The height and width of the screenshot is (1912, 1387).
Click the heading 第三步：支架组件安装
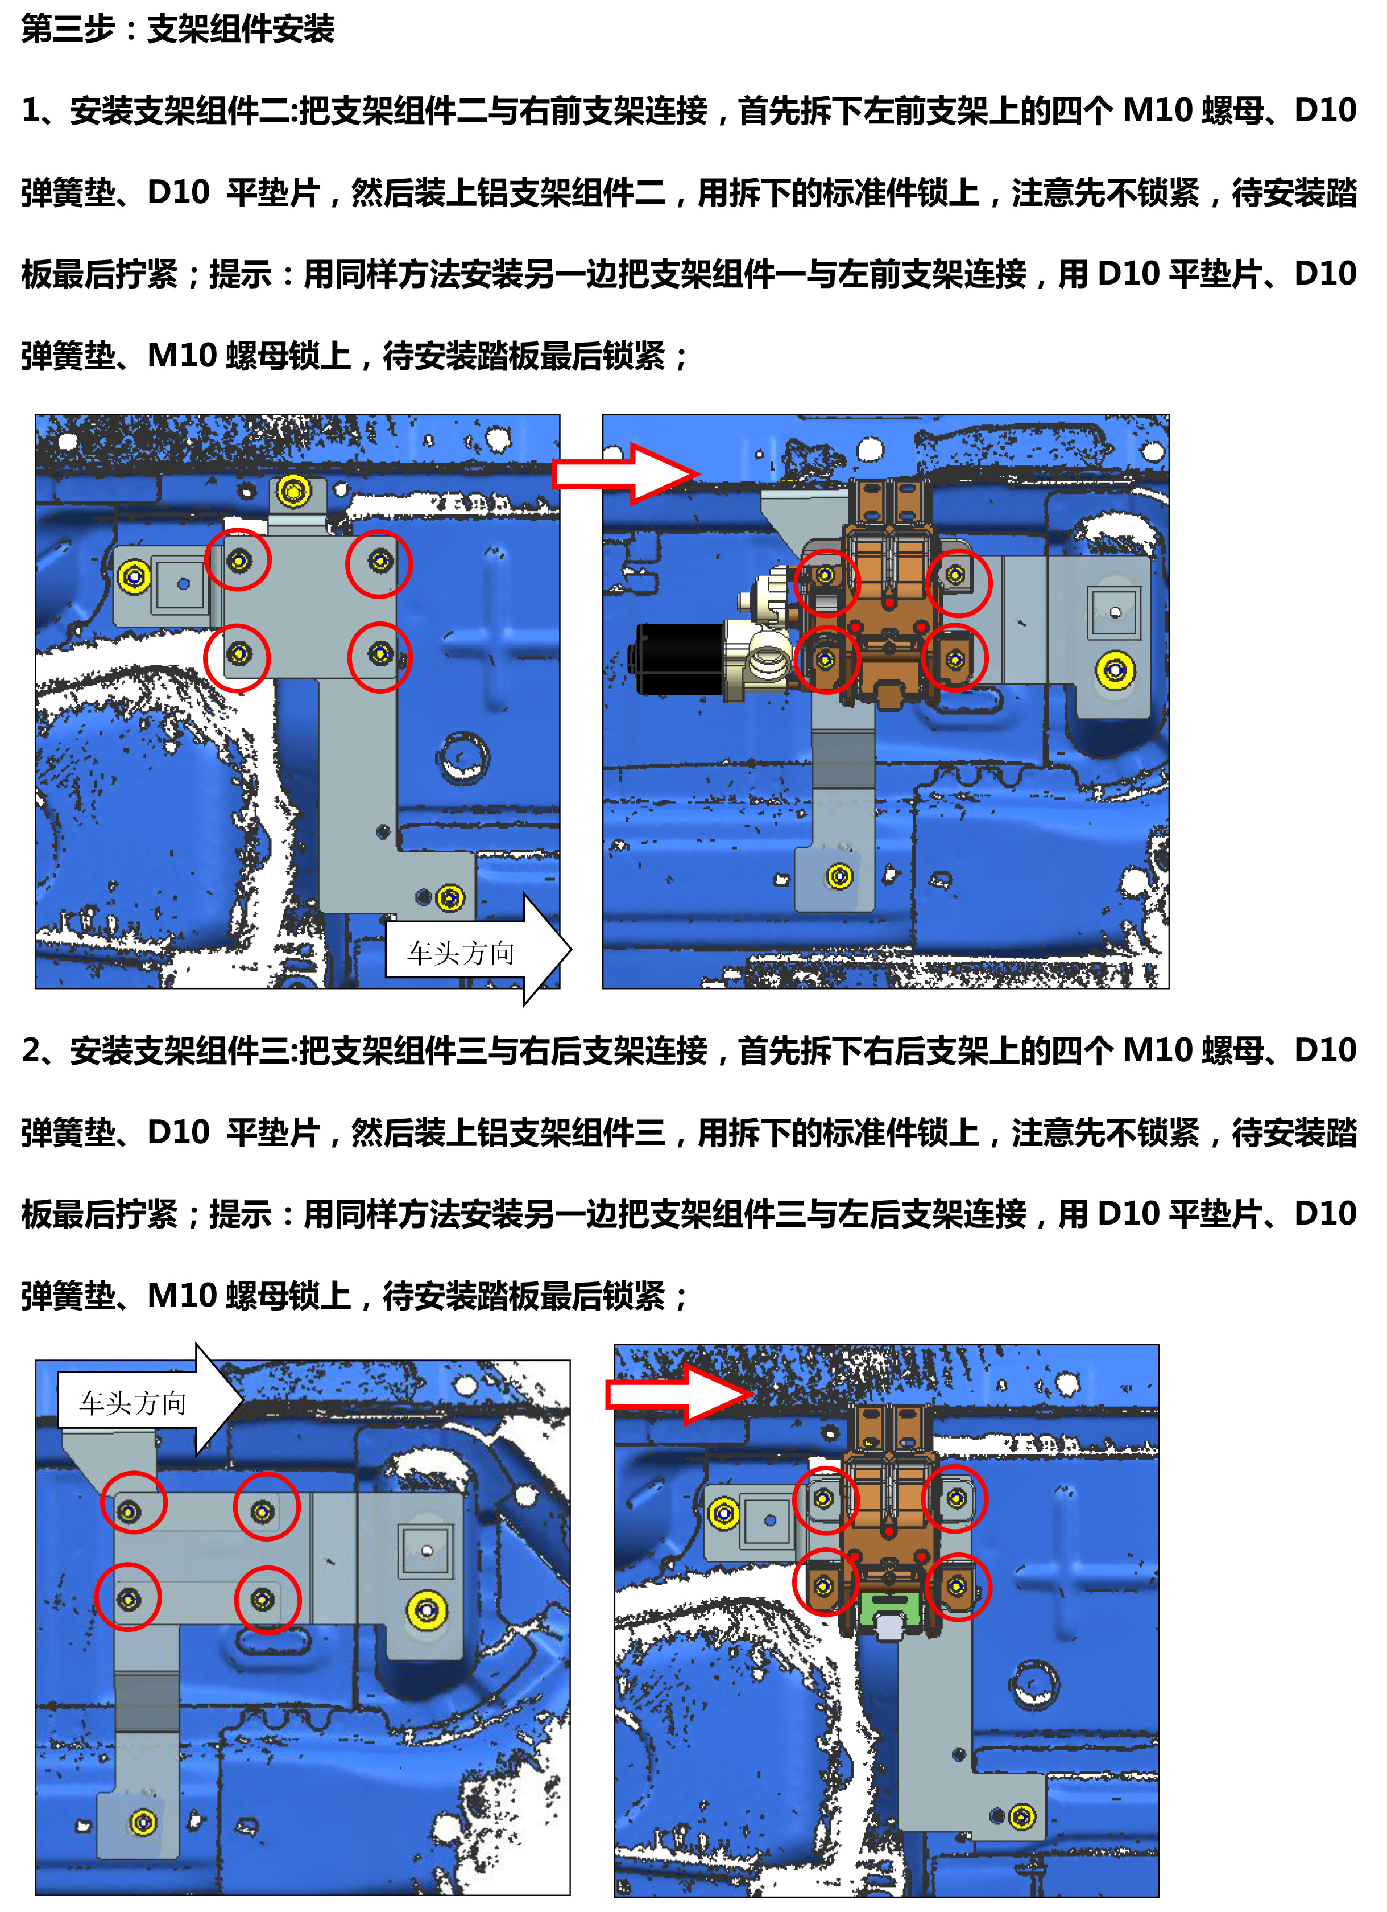(178, 30)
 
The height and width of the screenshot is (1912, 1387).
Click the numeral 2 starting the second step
(31, 1051)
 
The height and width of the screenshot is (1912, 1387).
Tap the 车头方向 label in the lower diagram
(133, 1403)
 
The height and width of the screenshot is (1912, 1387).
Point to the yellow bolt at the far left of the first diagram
(134, 578)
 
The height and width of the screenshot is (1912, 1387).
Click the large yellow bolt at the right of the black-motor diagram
(1116, 671)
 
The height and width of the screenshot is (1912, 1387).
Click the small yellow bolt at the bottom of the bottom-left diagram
(143, 1823)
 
